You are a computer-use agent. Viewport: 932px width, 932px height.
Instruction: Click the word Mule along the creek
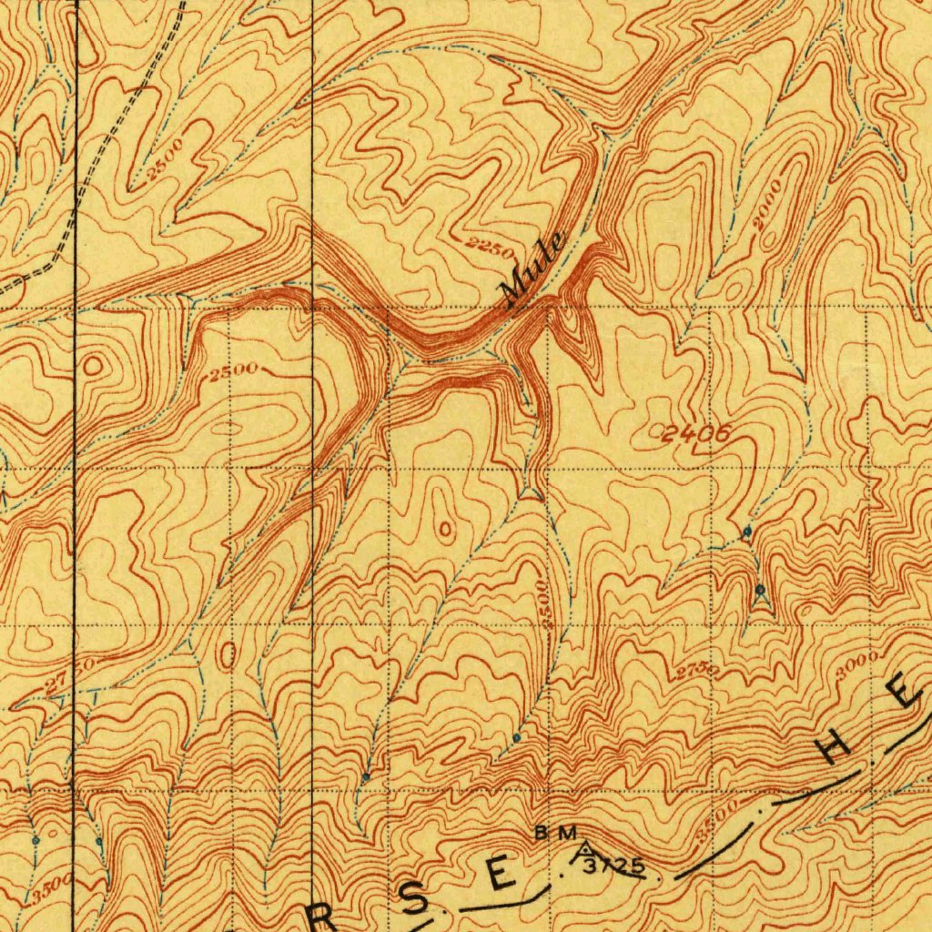tap(532, 268)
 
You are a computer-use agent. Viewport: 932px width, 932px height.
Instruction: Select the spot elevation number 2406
tap(694, 434)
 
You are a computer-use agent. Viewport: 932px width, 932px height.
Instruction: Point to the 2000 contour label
tap(767, 210)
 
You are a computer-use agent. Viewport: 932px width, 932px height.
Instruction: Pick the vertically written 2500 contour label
tap(544, 602)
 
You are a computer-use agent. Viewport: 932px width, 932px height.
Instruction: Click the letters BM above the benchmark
tap(556, 833)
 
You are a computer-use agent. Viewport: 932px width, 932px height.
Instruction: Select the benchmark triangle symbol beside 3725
tap(581, 852)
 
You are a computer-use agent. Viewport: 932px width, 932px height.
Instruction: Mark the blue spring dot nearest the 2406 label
tap(746, 531)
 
